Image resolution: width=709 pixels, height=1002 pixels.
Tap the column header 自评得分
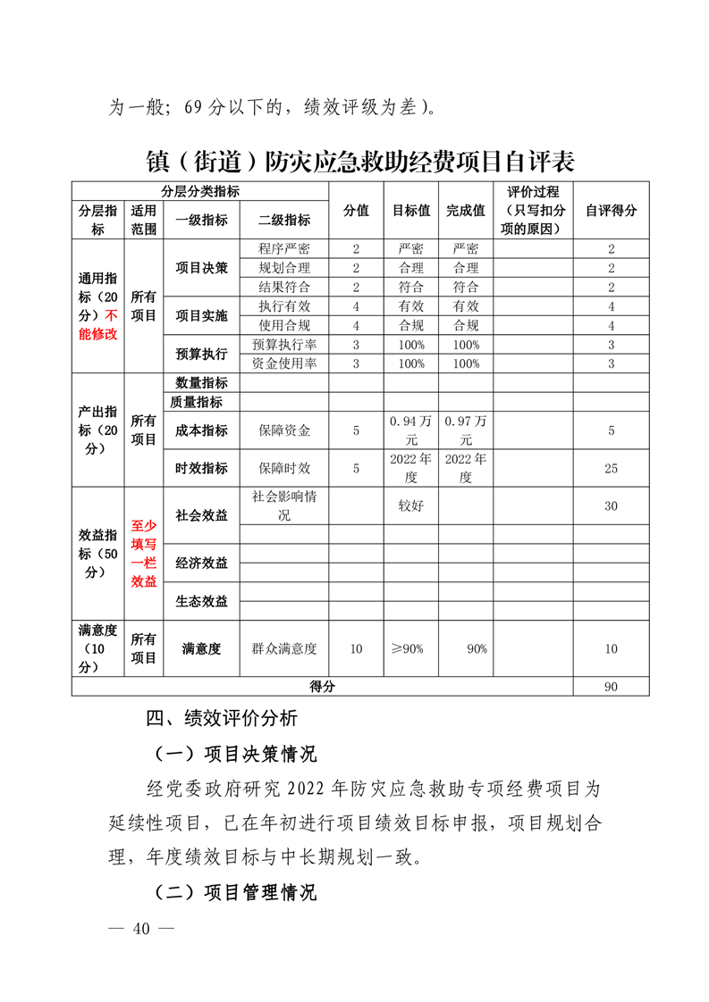611,211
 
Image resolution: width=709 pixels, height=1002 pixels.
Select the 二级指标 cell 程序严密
283,248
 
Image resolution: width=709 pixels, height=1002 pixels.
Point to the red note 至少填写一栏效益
144,554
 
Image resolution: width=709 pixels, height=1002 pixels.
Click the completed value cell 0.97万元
465,430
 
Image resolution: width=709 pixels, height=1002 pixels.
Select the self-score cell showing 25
611,468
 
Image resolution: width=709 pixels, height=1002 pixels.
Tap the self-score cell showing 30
611,505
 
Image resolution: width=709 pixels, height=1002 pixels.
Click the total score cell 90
611,687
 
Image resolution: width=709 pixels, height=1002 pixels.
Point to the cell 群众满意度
284,649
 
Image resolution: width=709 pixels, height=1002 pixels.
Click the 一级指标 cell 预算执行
201,355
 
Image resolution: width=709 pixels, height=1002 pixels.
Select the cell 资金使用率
283,363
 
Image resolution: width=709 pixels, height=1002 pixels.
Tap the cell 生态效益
201,601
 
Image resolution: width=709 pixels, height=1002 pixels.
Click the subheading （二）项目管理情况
235,891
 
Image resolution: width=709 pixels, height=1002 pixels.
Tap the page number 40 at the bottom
139,928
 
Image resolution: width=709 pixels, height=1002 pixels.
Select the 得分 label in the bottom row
322,687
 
